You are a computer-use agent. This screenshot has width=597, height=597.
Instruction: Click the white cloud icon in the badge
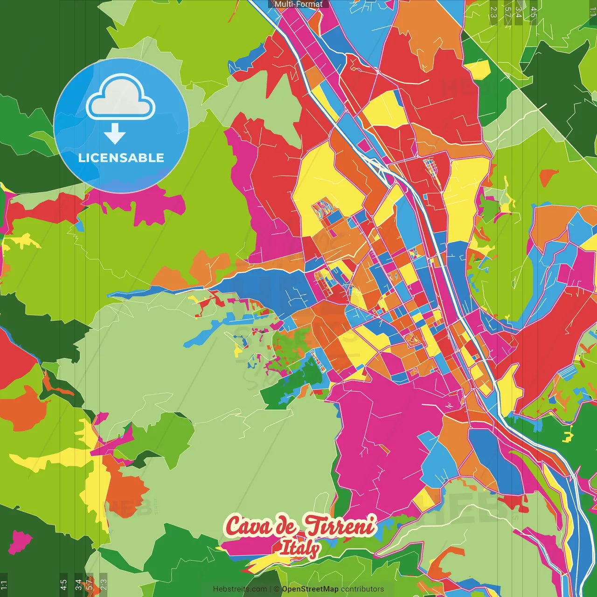(121, 98)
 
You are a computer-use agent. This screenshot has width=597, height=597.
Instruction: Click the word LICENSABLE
(121, 158)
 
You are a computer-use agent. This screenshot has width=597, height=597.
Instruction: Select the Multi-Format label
(298, 4)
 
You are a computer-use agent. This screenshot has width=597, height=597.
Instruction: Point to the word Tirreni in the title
(340, 526)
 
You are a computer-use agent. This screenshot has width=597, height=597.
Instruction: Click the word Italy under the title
(299, 548)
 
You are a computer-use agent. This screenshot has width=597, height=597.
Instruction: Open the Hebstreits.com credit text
(240, 589)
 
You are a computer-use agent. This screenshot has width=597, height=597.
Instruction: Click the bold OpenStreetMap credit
(310, 589)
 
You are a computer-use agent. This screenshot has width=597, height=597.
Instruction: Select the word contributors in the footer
(362, 589)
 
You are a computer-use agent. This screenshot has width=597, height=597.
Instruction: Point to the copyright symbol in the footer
(277, 589)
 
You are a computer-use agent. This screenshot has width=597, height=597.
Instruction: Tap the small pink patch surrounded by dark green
(20, 541)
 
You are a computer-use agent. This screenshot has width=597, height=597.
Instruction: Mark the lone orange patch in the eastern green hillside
(549, 176)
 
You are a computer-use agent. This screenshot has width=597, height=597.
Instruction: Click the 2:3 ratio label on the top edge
(493, 12)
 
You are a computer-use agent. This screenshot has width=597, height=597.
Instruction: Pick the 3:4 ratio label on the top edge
(519, 12)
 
